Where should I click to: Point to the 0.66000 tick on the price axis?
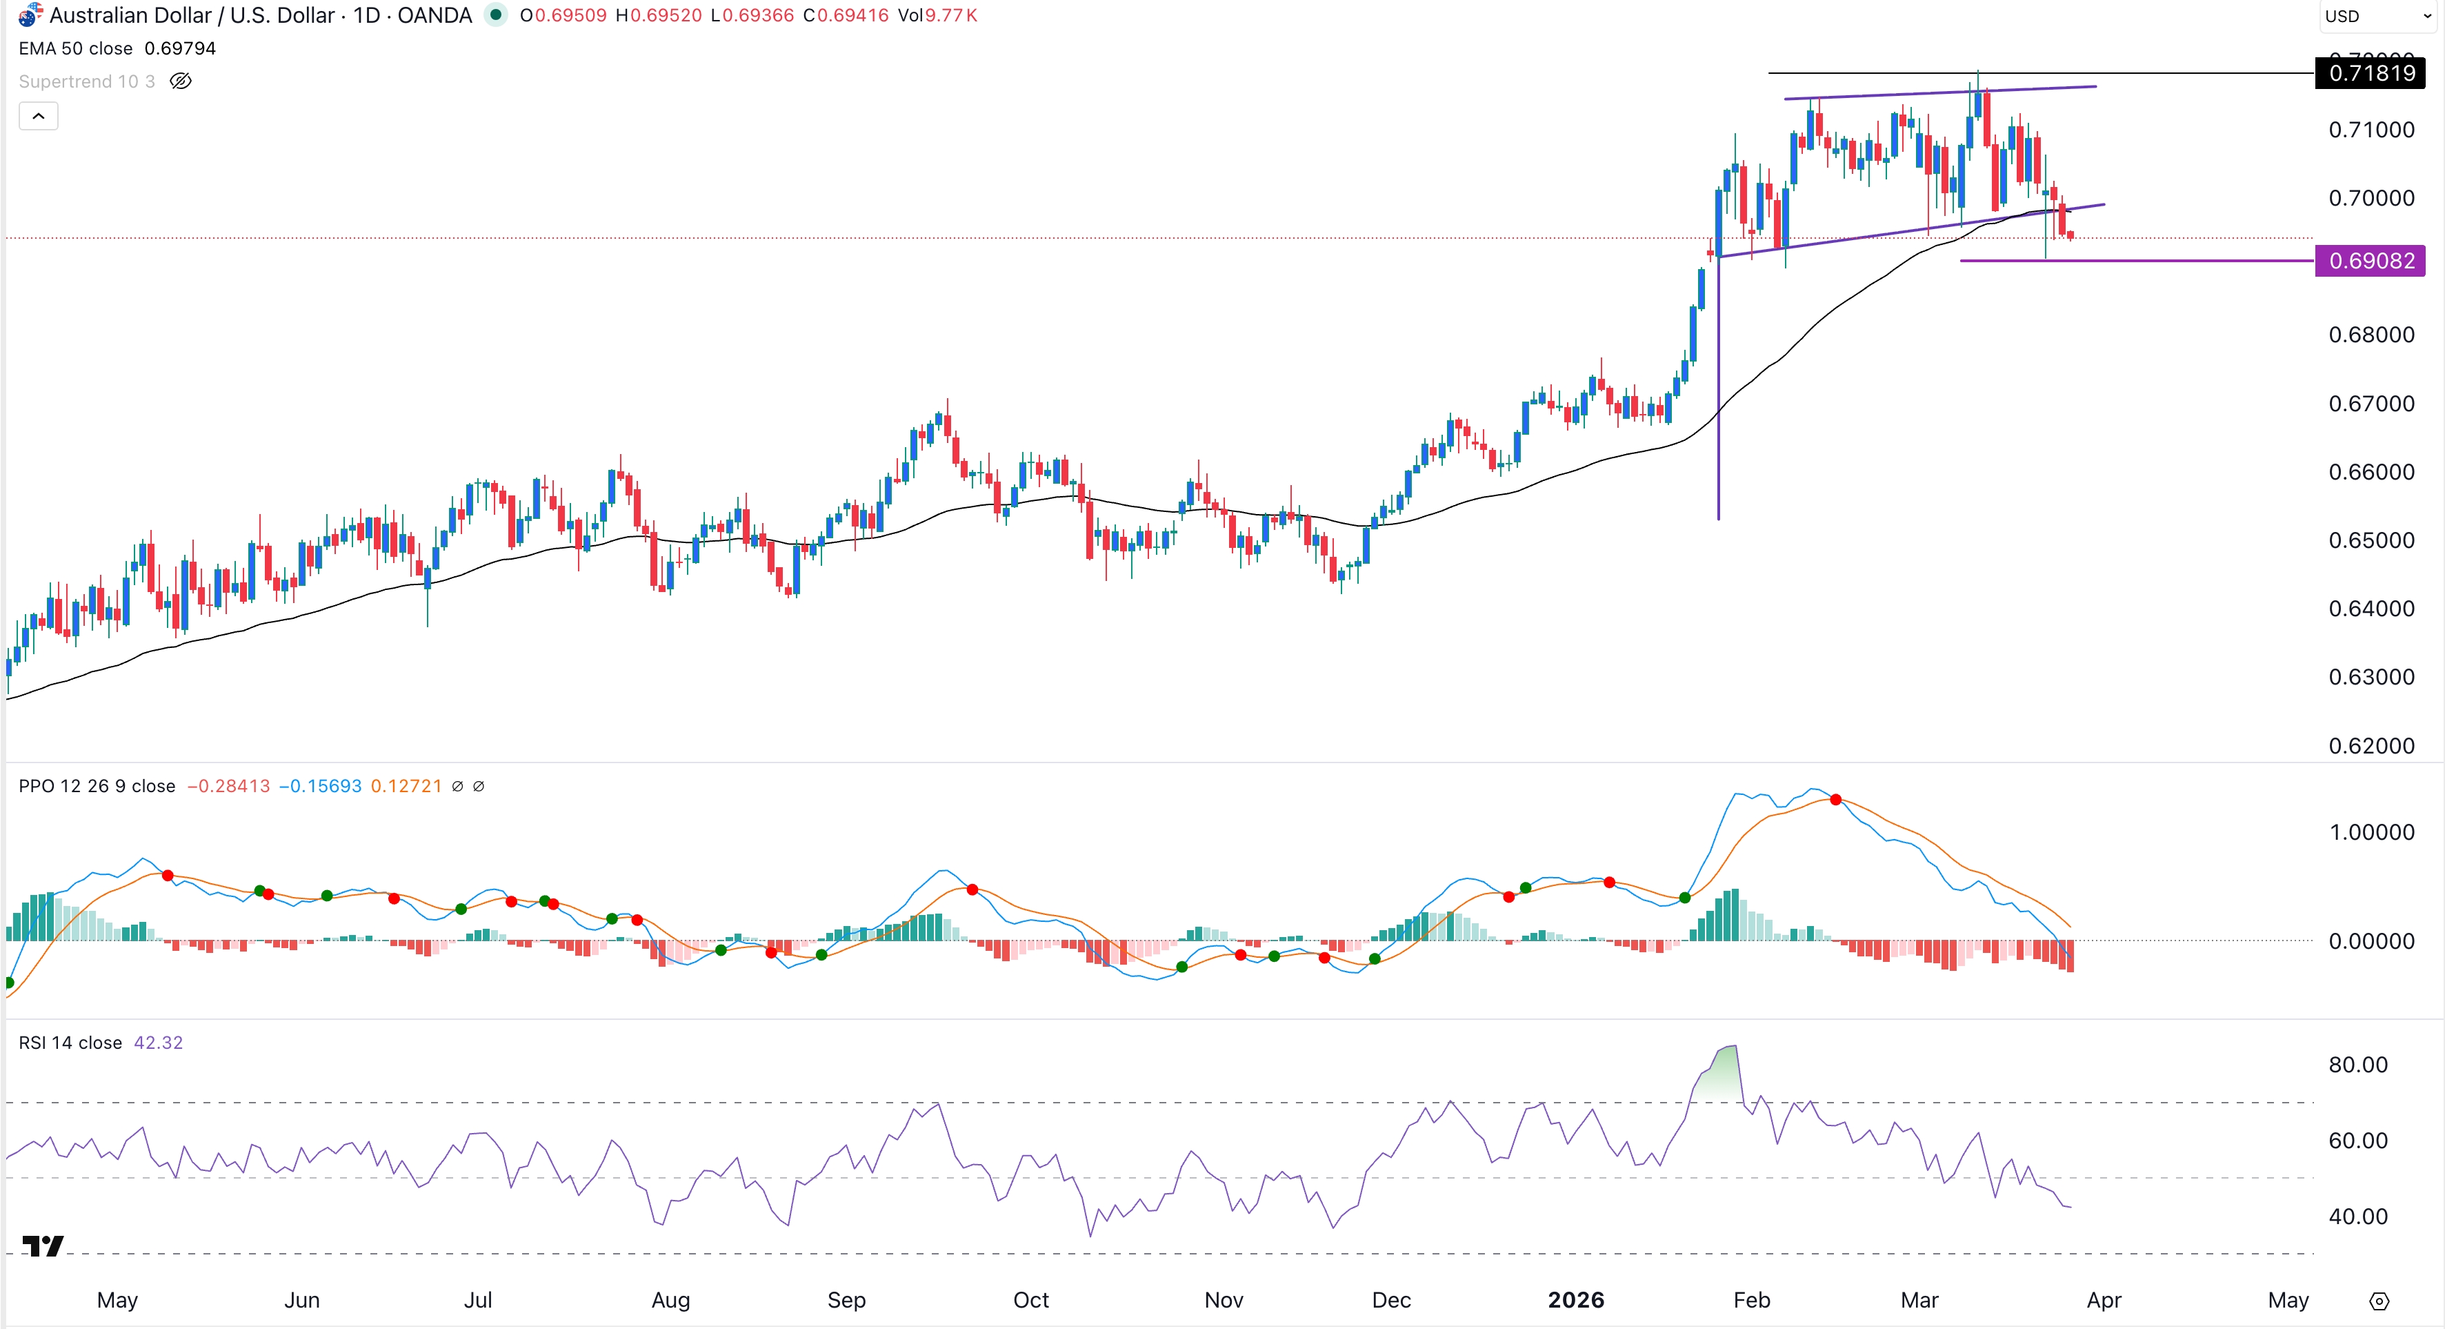(2371, 472)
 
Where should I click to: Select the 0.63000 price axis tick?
(2371, 677)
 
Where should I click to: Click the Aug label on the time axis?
(670, 1299)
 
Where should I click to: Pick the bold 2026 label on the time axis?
(1575, 1299)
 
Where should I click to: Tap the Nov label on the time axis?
(1224, 1299)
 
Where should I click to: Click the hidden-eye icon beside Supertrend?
(180, 81)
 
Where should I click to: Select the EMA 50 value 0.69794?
(180, 48)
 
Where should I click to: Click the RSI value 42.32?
(159, 1043)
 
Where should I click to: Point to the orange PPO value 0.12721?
(406, 786)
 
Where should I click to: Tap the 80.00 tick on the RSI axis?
(2357, 1064)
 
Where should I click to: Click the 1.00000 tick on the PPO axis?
(2371, 833)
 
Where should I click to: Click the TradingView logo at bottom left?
(43, 1246)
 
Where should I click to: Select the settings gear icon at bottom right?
(2379, 1301)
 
